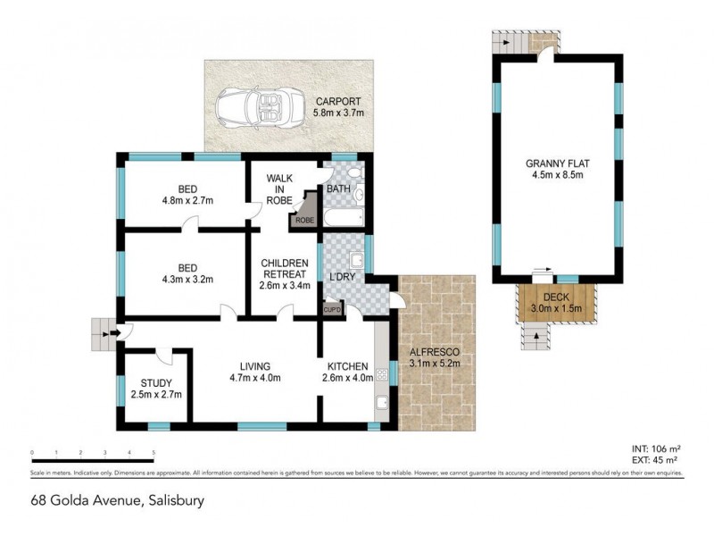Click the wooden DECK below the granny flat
[551, 302]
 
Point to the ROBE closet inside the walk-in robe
[305, 218]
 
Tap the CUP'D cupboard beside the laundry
[332, 309]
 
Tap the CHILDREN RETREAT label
[284, 268]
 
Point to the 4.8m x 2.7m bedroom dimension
[187, 200]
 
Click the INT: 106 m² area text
[655, 449]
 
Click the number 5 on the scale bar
[154, 453]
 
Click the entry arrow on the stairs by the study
[112, 334]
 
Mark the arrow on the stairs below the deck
[535, 335]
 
